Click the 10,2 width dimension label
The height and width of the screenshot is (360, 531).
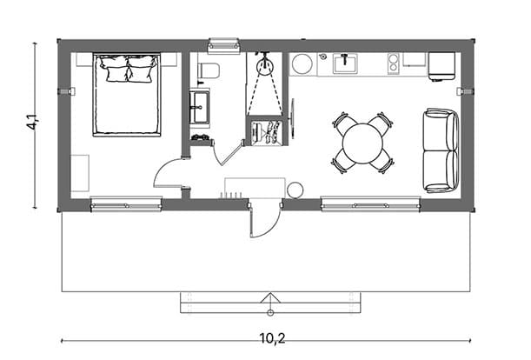click(273, 338)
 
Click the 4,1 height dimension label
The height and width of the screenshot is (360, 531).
click(33, 122)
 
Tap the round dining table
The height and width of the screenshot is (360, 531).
click(362, 143)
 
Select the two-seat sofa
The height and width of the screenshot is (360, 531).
click(441, 150)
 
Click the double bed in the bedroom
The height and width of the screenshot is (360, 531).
click(127, 95)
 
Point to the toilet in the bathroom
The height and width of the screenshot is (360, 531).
click(209, 70)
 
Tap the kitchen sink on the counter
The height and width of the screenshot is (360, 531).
click(345, 63)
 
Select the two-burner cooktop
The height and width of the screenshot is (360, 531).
click(393, 63)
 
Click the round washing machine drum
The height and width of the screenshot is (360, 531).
click(302, 63)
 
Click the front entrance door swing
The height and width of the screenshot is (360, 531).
click(265, 221)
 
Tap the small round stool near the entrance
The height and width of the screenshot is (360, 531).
click(295, 190)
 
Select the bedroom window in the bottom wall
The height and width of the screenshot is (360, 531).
click(126, 205)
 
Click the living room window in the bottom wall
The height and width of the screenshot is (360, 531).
click(371, 205)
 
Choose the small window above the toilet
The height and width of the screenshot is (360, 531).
click(224, 45)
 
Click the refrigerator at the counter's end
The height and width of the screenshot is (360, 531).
click(441, 66)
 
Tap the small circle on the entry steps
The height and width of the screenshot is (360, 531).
click(270, 312)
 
